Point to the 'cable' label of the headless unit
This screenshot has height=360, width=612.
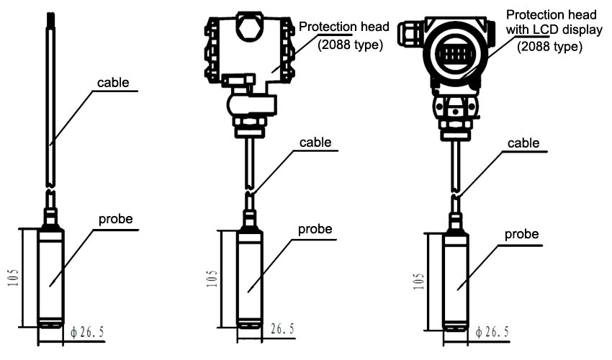[x=113, y=82]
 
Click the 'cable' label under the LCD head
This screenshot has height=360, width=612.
[x=523, y=143]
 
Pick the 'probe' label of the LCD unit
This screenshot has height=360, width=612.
[x=522, y=235]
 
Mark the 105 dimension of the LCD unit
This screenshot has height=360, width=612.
[x=418, y=281]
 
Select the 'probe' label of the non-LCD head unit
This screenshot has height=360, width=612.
[x=315, y=229]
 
